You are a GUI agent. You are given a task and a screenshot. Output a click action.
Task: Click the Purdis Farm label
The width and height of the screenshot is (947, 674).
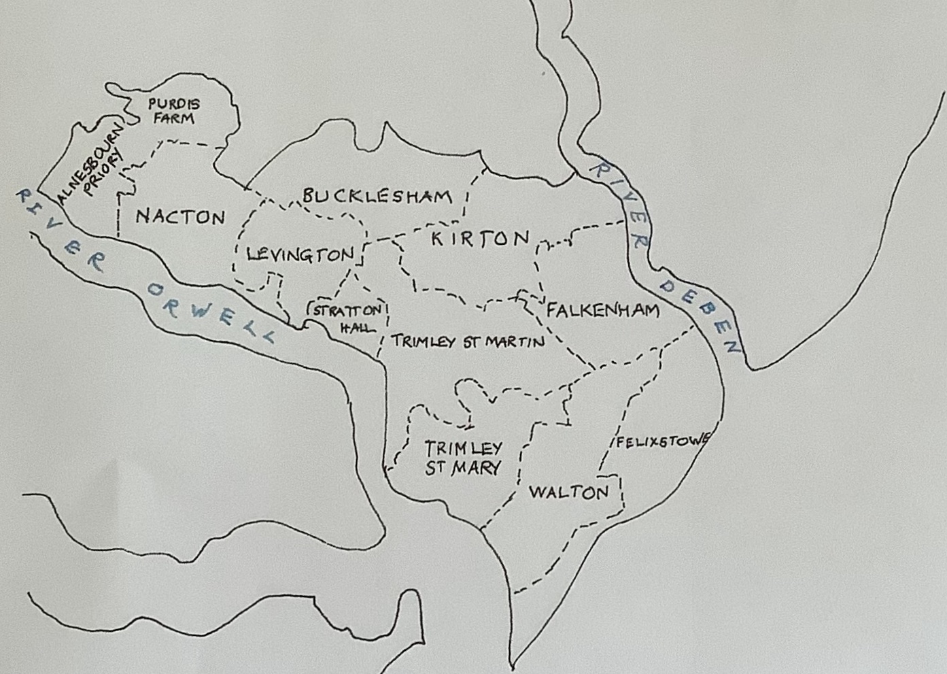pyautogui.click(x=174, y=111)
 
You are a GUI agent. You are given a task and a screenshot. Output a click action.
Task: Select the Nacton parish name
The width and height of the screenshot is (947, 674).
pyautogui.click(x=180, y=217)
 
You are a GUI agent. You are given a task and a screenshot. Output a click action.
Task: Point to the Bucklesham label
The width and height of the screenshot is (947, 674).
pyautogui.click(x=377, y=197)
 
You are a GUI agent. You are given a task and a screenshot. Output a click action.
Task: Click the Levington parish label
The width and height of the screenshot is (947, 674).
pyautogui.click(x=300, y=255)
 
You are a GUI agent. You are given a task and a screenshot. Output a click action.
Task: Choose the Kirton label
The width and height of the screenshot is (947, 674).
pyautogui.click(x=480, y=239)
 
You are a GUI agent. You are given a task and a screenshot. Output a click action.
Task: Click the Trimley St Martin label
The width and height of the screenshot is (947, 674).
pyautogui.click(x=468, y=341)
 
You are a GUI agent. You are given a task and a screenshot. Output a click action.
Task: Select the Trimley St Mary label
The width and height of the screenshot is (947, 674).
pyautogui.click(x=464, y=458)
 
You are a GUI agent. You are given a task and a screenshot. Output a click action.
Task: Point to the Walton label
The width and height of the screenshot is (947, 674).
pyautogui.click(x=568, y=492)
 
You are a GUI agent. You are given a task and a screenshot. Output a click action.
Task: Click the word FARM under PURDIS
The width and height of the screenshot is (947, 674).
pyautogui.click(x=173, y=118)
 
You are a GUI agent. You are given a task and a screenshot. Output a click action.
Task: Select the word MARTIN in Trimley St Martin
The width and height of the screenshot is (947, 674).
pyautogui.click(x=514, y=341)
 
